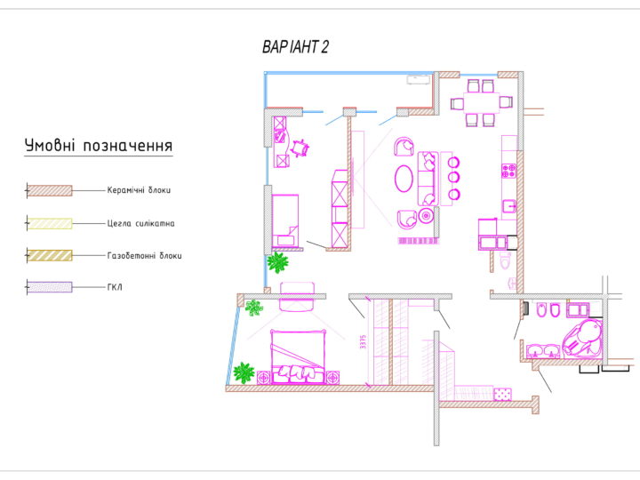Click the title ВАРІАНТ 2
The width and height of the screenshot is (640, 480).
(x=295, y=47)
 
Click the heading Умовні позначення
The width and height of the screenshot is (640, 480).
(x=99, y=146)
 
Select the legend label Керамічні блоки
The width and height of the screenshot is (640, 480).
(x=139, y=190)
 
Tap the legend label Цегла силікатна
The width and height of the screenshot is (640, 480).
(x=140, y=224)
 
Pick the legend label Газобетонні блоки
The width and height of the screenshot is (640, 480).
(x=145, y=256)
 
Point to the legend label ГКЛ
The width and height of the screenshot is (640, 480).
(x=115, y=287)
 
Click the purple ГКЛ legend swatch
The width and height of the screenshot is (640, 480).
(x=50, y=287)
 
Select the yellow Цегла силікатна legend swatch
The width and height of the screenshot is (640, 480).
(x=50, y=223)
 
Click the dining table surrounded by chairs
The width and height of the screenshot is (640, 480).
(x=481, y=103)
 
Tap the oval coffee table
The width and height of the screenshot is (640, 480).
(x=404, y=178)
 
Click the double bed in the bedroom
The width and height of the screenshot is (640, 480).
(x=298, y=356)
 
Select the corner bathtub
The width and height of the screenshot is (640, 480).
(x=582, y=337)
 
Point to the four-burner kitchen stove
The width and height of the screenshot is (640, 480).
(x=508, y=171)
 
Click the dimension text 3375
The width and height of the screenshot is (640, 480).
(x=364, y=341)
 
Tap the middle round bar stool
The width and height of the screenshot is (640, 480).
(x=453, y=178)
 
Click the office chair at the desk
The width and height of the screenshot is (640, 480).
(x=300, y=148)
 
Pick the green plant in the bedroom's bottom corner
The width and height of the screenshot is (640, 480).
(x=244, y=372)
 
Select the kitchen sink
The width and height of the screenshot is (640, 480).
(x=509, y=206)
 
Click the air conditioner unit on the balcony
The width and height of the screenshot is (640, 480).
(x=419, y=80)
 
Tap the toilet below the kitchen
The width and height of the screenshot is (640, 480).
(x=505, y=260)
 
